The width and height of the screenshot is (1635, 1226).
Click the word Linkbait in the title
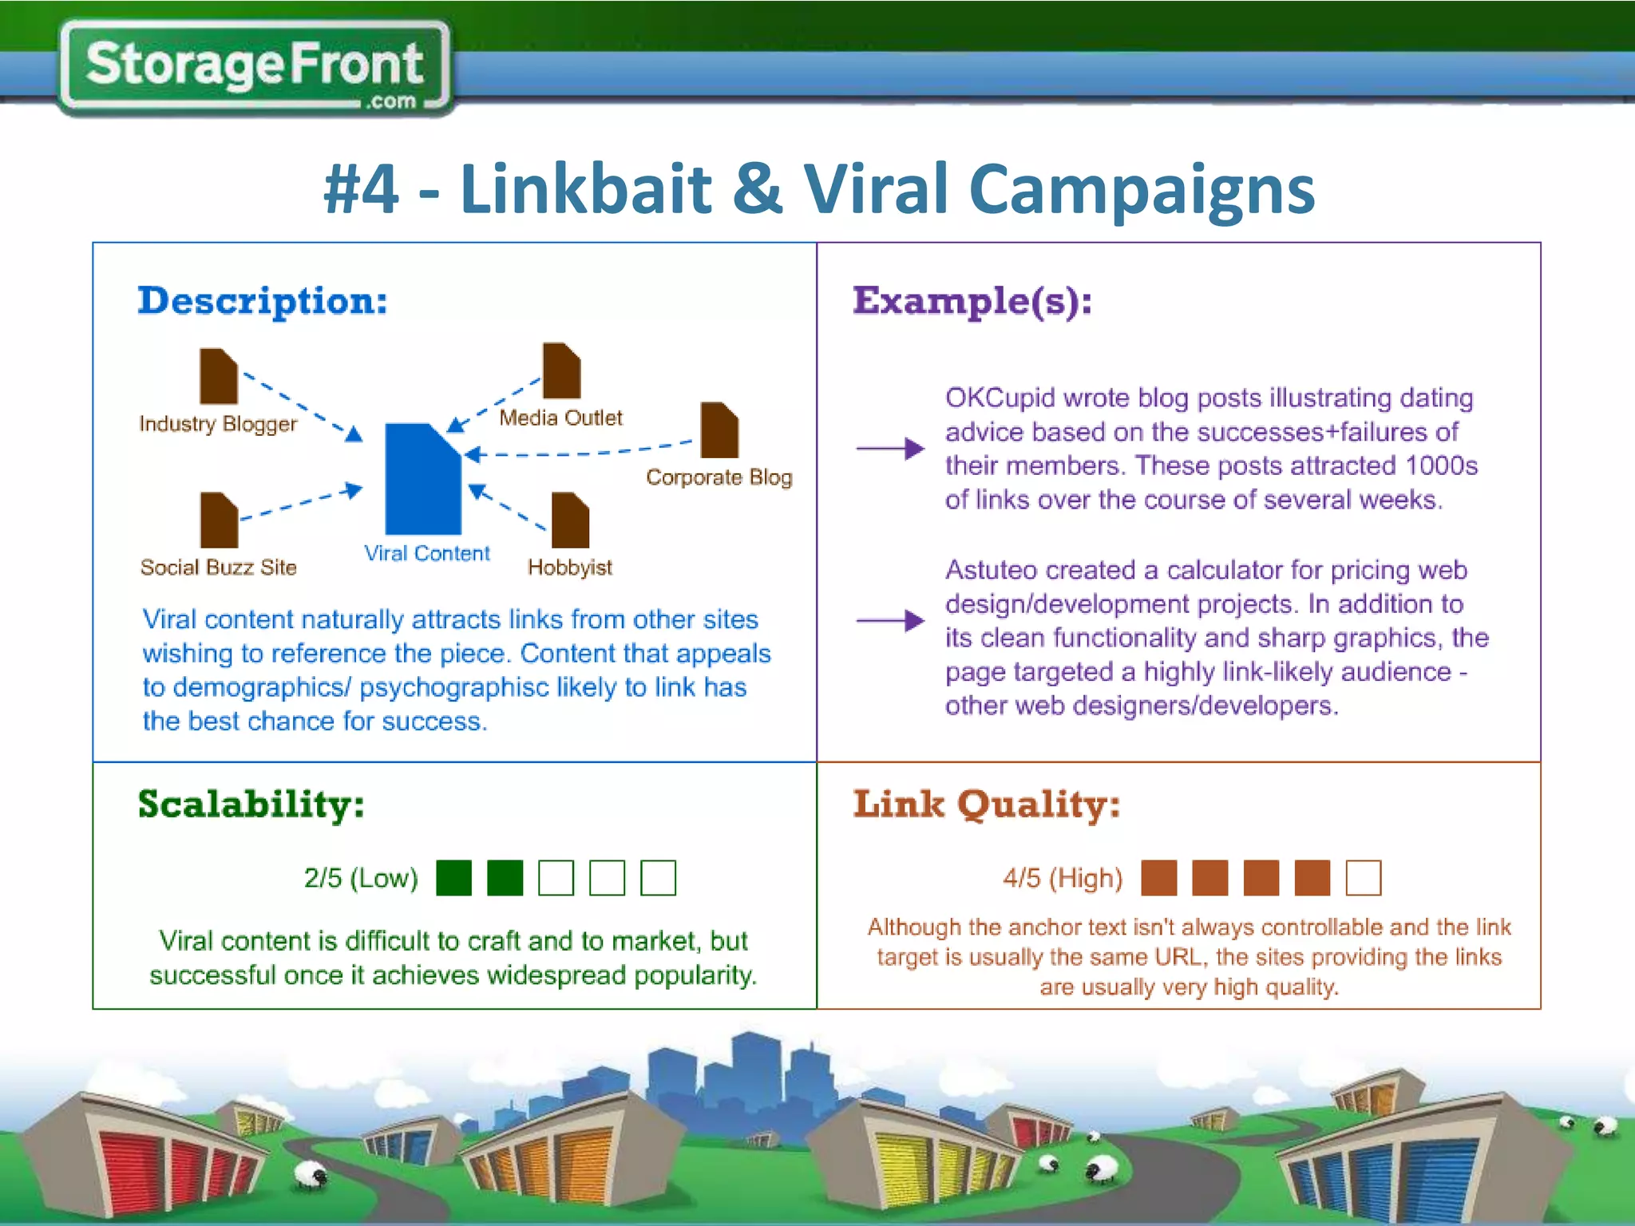coord(585,189)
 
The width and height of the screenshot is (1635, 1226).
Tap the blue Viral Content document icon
coord(422,480)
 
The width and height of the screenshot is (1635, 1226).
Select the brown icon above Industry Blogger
coord(218,376)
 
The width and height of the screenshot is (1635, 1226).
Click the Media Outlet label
coord(560,417)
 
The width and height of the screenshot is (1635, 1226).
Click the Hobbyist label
coord(569,568)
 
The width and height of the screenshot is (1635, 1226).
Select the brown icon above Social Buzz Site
coord(219,520)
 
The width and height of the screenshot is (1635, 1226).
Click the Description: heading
coord(263,302)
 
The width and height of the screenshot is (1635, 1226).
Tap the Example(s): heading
coord(972,302)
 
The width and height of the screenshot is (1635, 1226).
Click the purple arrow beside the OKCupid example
coord(889,449)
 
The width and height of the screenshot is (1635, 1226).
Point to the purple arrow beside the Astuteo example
coord(889,620)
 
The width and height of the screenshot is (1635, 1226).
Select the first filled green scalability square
coord(453,878)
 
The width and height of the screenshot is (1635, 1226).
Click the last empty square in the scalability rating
coord(658,878)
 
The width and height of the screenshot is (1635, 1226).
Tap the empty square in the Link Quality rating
coord(1363,878)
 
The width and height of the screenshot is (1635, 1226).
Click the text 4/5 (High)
coord(1063,878)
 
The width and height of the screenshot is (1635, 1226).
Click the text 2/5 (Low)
coord(361,878)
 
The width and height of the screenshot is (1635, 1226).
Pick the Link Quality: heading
coord(986,805)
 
